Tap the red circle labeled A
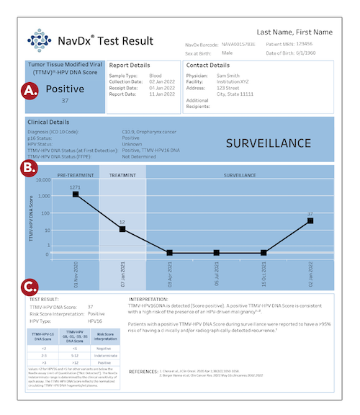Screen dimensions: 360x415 [x=31, y=91]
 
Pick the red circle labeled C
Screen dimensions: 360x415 [x=31, y=286]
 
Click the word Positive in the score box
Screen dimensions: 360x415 [x=66, y=89]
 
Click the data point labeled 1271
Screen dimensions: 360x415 [x=76, y=195]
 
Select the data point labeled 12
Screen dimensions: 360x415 [x=122, y=229]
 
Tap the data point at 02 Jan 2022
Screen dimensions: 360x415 [x=310, y=220]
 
